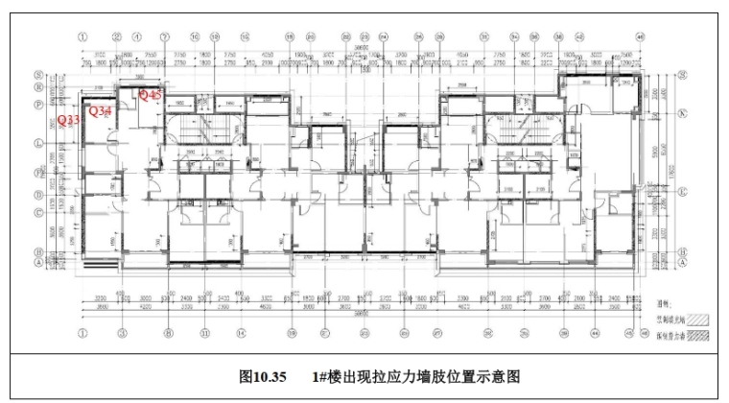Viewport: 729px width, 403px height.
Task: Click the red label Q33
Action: click(69, 121)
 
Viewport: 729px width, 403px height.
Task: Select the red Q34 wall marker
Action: click(101, 112)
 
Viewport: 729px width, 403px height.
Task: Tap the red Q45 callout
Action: click(152, 94)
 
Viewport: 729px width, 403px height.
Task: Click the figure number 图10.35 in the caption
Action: click(263, 377)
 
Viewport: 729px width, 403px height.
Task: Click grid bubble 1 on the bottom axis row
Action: click(82, 333)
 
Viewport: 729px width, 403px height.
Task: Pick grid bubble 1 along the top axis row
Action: click(82, 37)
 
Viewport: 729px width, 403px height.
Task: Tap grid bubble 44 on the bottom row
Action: click(596, 333)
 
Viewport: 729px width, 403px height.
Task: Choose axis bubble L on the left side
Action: click(38, 144)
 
